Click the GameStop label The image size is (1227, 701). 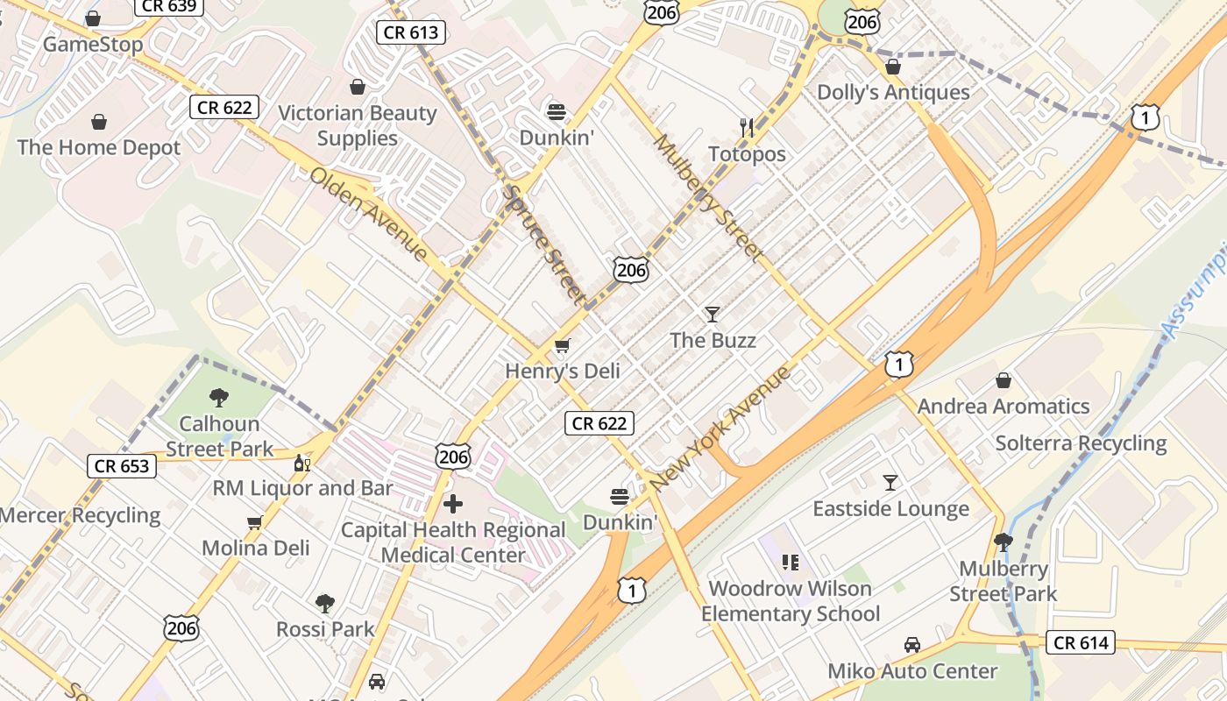pos(92,44)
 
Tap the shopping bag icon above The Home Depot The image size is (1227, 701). pos(99,122)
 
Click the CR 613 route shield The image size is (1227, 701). pos(412,33)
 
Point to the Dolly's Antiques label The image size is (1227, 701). pos(893,92)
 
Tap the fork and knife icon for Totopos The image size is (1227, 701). pos(747,128)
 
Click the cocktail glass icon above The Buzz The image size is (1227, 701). pos(713,314)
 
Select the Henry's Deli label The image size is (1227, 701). pos(562,371)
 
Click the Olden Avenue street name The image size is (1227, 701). pos(368,214)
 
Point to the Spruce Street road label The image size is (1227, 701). pos(543,245)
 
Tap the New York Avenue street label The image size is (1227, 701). pos(720,428)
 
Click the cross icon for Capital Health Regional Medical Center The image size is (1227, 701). pos(453,504)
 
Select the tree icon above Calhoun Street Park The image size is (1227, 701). pos(219,398)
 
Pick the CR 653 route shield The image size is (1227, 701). pos(122,466)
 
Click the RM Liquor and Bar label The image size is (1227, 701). pos(302,488)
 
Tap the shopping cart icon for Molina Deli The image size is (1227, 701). pos(255,523)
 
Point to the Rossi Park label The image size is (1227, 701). pos(325,629)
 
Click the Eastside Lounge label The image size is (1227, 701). pos(890,509)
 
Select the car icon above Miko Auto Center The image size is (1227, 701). pos(912,645)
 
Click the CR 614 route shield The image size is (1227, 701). pos(1081,643)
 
